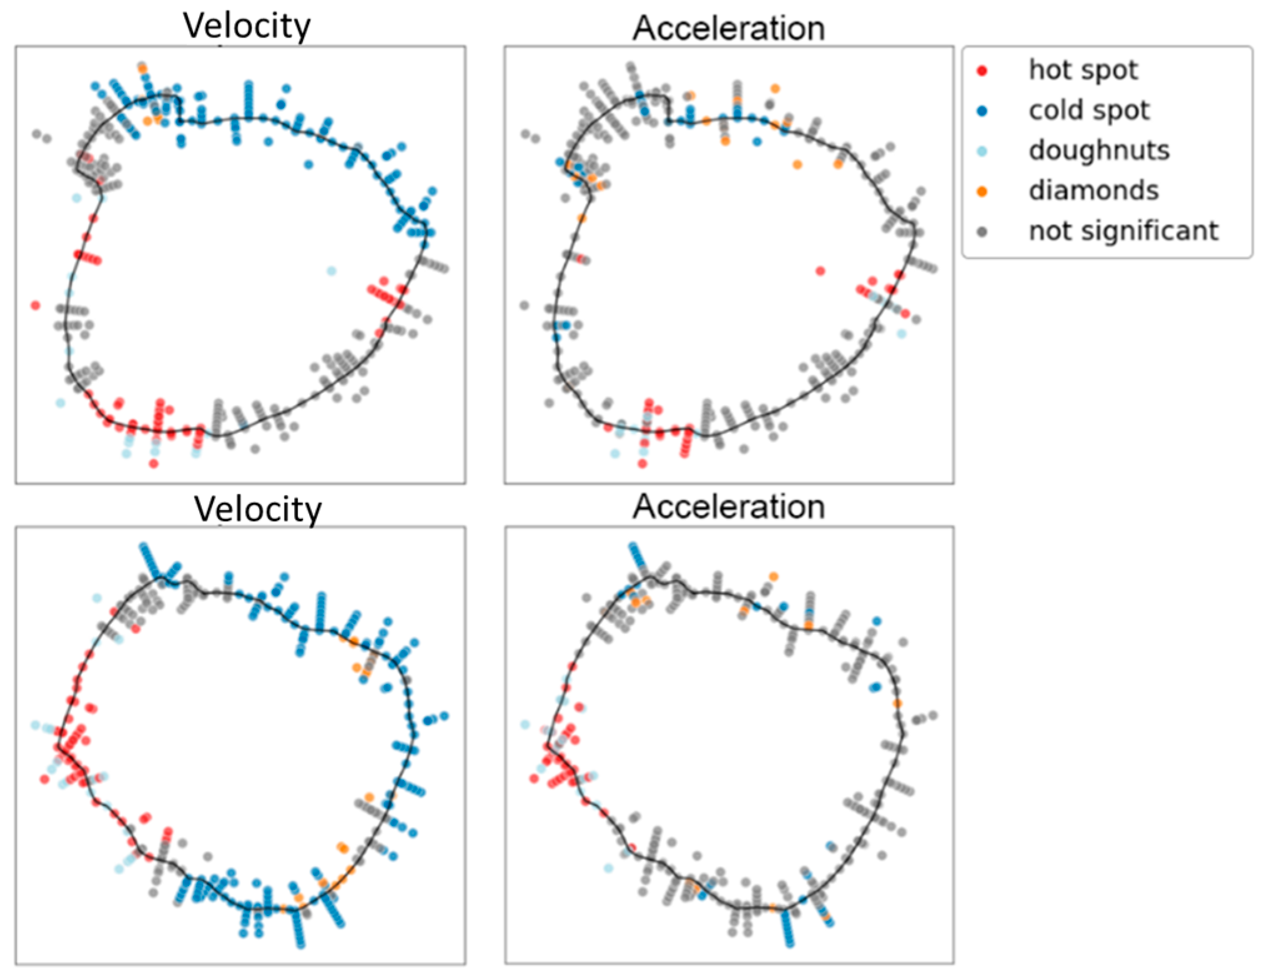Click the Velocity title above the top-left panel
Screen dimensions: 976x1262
tap(247, 26)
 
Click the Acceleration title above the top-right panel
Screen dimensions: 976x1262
tap(729, 29)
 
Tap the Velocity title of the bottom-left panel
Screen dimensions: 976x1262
tap(258, 509)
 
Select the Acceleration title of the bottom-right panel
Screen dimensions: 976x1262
tap(729, 506)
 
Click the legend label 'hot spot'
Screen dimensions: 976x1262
tap(1083, 70)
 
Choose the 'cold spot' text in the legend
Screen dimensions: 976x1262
tap(1089, 111)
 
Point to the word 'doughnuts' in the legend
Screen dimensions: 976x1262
tap(1099, 150)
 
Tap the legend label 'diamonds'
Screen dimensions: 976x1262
tap(1093, 190)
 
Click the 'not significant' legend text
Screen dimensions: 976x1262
tap(1123, 231)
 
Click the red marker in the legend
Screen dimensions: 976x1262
tap(982, 71)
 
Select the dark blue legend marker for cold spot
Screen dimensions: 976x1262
tap(982, 111)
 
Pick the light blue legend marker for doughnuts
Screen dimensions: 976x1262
tap(982, 151)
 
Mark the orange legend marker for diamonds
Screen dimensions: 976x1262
tap(982, 191)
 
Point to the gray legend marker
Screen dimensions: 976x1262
tap(982, 232)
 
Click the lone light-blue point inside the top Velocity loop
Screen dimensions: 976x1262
tap(332, 271)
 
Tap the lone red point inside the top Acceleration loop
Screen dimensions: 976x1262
tap(821, 271)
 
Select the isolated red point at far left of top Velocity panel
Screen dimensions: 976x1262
tap(36, 305)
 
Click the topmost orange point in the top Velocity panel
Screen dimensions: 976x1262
tap(142, 67)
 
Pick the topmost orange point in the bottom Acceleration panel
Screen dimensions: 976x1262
tap(774, 576)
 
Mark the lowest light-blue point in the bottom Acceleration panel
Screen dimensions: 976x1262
tap(608, 868)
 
